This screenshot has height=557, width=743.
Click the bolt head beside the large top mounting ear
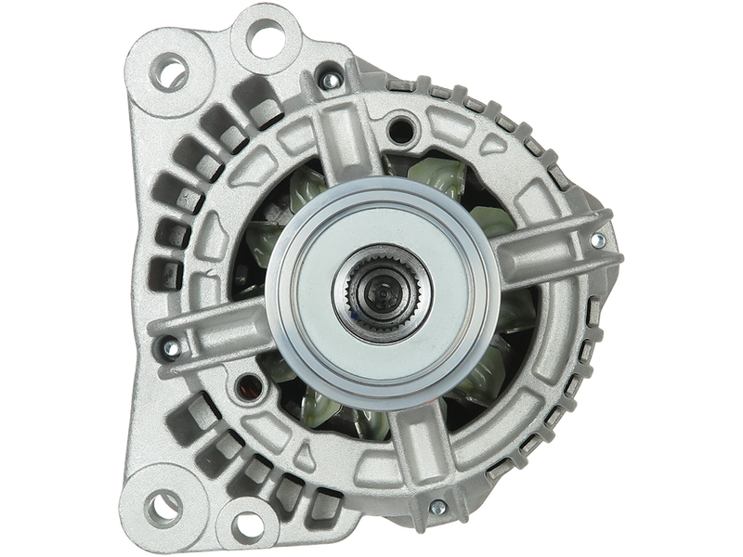click(326, 82)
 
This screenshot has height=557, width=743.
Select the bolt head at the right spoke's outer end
click(596, 240)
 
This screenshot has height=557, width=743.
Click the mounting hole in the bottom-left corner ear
click(164, 507)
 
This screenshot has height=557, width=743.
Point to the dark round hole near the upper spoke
click(401, 125)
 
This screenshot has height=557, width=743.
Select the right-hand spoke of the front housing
click(539, 244)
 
